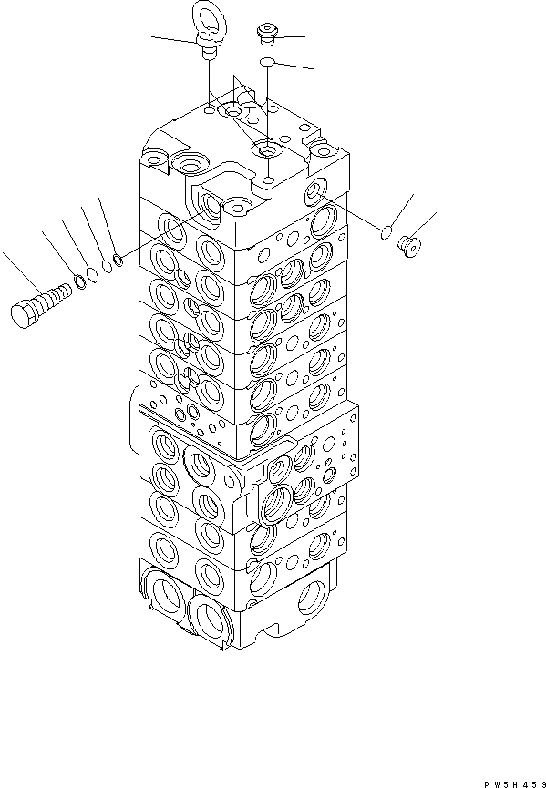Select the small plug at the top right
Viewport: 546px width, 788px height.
268,36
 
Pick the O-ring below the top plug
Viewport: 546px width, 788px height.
267,61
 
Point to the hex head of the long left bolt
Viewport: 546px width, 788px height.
25,313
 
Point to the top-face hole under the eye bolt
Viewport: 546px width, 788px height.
211,111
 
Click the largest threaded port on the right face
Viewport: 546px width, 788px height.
276,500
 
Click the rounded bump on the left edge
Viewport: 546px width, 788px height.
136,402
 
